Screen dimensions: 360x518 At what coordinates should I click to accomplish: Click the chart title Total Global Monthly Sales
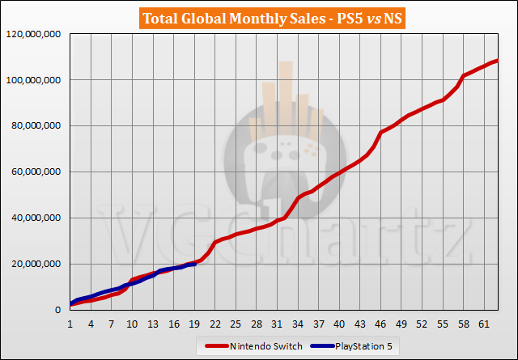(258, 17)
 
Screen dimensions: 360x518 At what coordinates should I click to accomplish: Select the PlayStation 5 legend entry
(362, 346)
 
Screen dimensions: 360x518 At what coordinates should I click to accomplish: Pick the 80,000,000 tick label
(35, 126)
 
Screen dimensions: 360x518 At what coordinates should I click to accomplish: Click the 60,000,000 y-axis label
(35, 172)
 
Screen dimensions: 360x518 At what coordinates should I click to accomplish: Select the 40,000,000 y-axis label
(35, 218)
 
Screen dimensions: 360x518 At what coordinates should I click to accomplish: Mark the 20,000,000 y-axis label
(35, 265)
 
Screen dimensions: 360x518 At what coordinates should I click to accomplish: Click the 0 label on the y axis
(59, 311)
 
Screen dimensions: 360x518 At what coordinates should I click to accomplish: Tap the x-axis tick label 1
(70, 324)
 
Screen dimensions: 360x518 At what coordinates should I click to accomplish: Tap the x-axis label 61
(484, 324)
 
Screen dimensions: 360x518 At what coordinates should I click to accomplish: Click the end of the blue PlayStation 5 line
(194, 263)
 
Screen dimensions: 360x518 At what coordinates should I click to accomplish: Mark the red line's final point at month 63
(497, 61)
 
